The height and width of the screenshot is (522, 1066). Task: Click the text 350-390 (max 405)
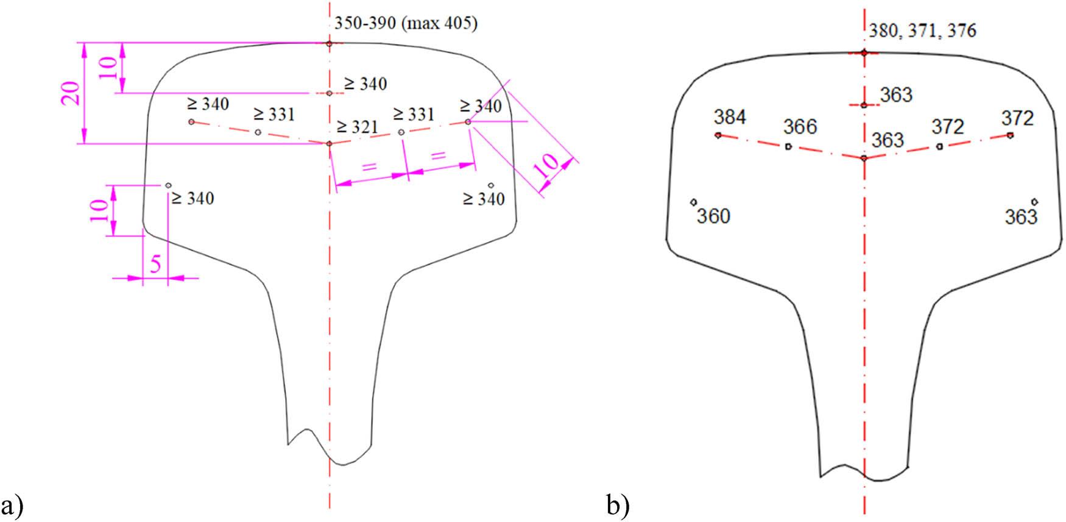tap(406, 24)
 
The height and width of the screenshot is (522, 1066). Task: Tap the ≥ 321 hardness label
tap(357, 127)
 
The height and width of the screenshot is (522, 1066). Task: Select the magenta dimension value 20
tap(72, 93)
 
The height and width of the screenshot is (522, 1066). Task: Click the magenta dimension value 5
tap(156, 265)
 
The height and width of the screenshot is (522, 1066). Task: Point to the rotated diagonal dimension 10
tap(546, 166)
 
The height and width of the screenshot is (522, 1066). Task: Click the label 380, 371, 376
tap(920, 31)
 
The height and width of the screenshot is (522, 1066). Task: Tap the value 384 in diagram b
tap(730, 117)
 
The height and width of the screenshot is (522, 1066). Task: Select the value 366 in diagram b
tap(800, 127)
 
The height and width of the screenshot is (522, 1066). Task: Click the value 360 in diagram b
tap(713, 216)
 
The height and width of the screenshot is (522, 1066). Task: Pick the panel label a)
tap(13, 506)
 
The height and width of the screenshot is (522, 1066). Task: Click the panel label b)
tap(618, 506)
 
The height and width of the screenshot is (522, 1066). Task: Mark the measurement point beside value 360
tap(694, 202)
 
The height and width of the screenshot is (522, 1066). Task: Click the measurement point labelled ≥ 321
tap(330, 144)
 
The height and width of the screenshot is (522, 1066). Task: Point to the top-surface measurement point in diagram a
tap(329, 43)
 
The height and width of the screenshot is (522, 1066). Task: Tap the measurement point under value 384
tap(718, 135)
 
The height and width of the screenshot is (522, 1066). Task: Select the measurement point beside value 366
tap(788, 146)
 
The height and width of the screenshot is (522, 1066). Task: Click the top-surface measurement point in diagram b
tap(864, 53)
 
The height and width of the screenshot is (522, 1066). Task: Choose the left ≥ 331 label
tap(274, 115)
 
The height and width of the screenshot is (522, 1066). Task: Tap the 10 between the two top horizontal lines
tap(108, 67)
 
